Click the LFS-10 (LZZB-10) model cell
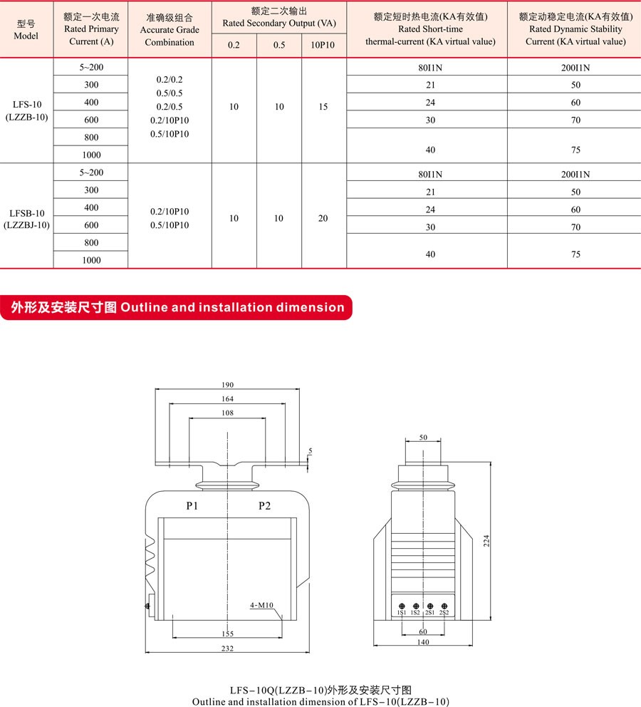tap(27, 110)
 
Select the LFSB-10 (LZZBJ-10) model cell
tap(27, 219)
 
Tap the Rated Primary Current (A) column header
tap(90, 29)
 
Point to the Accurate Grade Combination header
tap(170, 30)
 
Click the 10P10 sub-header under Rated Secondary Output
tap(323, 46)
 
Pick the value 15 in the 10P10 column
tap(323, 107)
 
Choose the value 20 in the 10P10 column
tap(323, 218)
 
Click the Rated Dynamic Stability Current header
tap(575, 29)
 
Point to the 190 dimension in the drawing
tap(228, 385)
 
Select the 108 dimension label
tap(228, 413)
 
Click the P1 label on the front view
tap(192, 506)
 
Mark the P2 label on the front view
tap(264, 506)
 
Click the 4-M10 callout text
tap(262, 606)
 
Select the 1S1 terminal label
tap(402, 613)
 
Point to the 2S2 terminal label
tap(444, 613)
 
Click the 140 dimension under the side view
tap(423, 643)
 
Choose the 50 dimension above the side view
tap(423, 438)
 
